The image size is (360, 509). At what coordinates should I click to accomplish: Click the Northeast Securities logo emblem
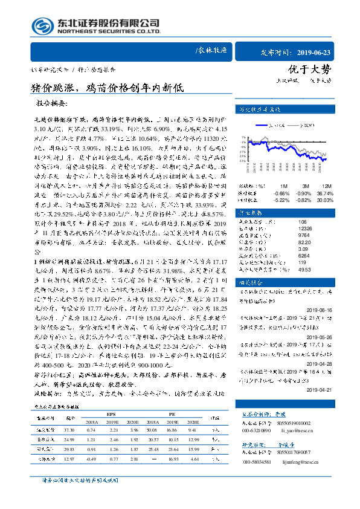(41, 26)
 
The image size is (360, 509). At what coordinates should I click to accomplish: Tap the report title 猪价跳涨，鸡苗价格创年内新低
(100, 86)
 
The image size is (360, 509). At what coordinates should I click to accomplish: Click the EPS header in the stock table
(111, 414)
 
